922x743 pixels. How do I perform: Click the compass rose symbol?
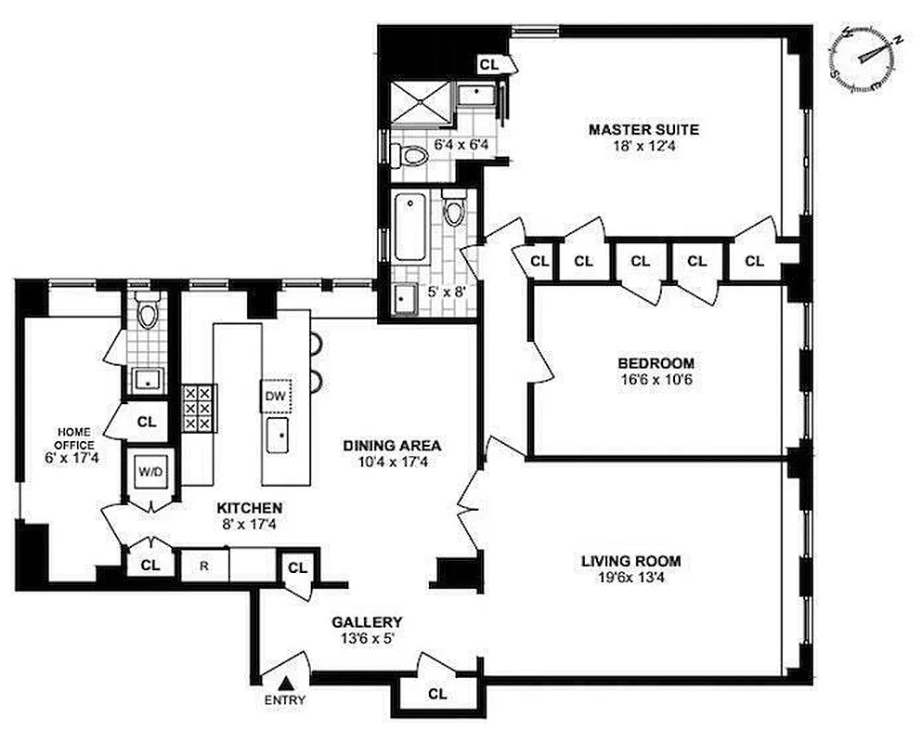click(867, 58)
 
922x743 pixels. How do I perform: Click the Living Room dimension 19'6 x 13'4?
click(630, 578)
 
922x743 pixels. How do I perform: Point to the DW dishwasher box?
click(275, 397)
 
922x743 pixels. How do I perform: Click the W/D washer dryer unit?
click(149, 471)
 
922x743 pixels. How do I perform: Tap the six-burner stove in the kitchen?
click(198, 408)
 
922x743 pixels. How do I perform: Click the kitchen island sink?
click(277, 434)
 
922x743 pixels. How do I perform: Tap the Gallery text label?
click(369, 621)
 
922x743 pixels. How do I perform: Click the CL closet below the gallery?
click(437, 693)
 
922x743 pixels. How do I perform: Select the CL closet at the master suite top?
click(489, 64)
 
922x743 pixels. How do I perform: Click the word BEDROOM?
click(656, 363)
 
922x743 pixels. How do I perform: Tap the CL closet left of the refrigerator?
click(149, 563)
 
